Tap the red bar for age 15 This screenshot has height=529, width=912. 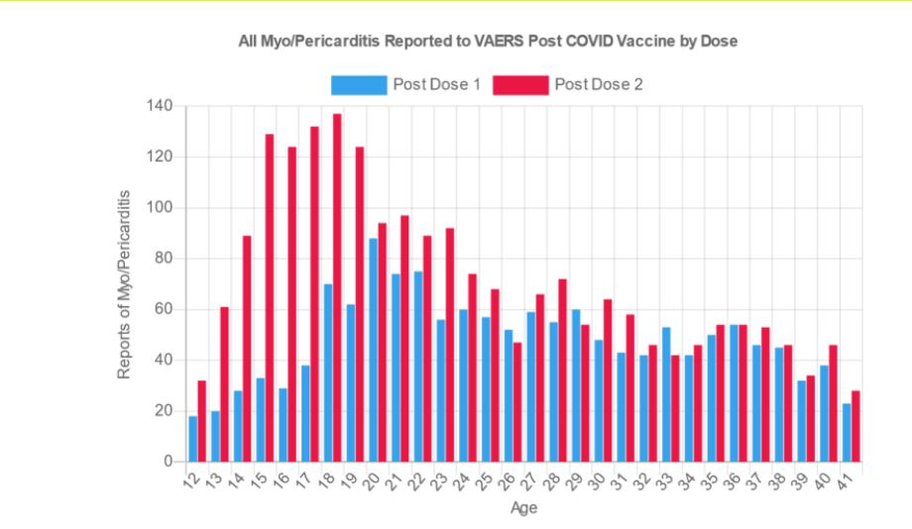coord(269,297)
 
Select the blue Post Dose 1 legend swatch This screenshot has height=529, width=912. coord(358,85)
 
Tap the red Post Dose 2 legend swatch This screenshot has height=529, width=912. coord(519,85)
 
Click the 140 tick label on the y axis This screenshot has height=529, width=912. coord(160,106)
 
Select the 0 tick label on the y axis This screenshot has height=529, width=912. coord(168,462)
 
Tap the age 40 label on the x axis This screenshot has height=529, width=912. coord(823,483)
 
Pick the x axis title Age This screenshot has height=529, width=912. coord(523,508)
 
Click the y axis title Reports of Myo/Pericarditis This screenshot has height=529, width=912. coord(125,283)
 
